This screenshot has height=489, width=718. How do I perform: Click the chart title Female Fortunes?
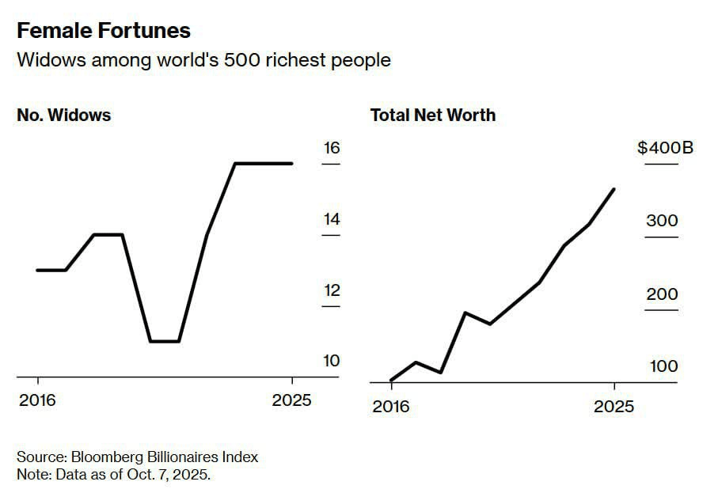[104, 31]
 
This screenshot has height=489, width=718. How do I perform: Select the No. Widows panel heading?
[63, 115]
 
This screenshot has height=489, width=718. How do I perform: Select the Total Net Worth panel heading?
[433, 115]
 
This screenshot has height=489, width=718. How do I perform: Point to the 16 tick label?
[331, 148]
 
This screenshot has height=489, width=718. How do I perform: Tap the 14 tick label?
[331, 219]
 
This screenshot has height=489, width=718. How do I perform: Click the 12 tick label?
[331, 290]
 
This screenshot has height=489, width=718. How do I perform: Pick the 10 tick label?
[331, 361]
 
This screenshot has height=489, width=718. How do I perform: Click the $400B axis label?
[665, 148]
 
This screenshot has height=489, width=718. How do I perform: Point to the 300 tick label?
[662, 221]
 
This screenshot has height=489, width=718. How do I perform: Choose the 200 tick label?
[662, 294]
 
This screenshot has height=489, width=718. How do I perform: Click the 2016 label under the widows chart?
[37, 400]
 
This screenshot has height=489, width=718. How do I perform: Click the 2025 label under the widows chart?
[291, 400]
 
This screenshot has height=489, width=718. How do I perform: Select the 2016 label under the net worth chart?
[391, 406]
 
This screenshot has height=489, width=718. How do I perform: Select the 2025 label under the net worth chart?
[614, 406]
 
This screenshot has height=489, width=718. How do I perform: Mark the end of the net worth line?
[614, 189]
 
